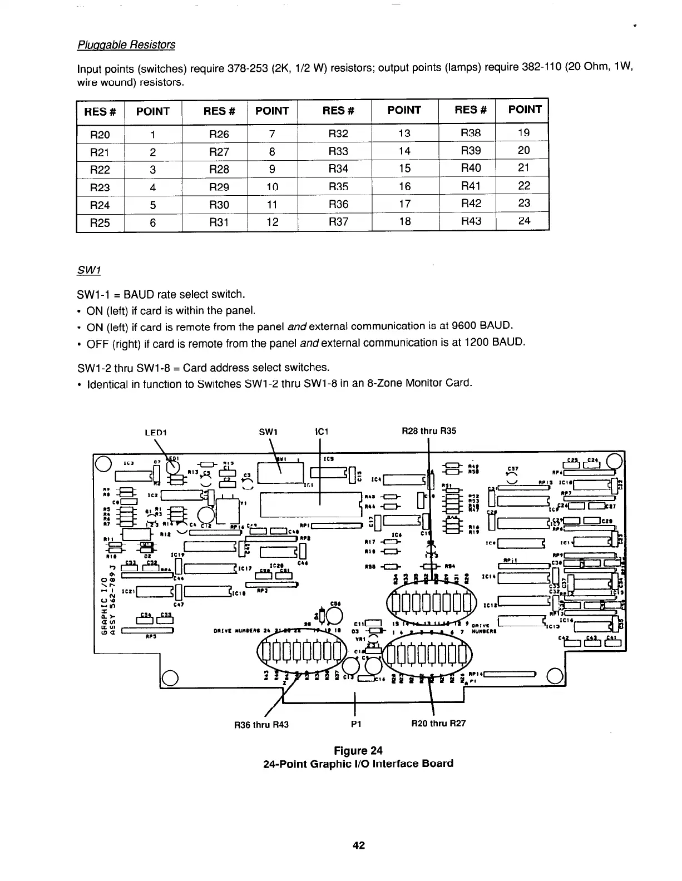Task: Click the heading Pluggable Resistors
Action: [x=126, y=45]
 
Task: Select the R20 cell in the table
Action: [x=100, y=135]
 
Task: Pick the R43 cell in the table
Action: [x=471, y=221]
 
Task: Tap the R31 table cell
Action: [x=219, y=222]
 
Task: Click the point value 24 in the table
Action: [x=524, y=221]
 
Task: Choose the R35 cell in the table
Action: [x=338, y=187]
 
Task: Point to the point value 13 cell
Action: [x=404, y=133]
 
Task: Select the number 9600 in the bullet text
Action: [x=464, y=325]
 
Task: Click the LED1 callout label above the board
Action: [x=156, y=432]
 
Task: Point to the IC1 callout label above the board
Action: [x=322, y=431]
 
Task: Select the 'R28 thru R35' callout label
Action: [x=429, y=431]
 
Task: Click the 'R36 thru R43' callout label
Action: [x=261, y=725]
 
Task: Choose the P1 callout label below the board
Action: [x=356, y=724]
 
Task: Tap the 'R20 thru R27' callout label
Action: [x=438, y=724]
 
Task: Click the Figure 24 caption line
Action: [x=358, y=750]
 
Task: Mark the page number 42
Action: [x=358, y=846]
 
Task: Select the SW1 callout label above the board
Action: [x=269, y=431]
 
